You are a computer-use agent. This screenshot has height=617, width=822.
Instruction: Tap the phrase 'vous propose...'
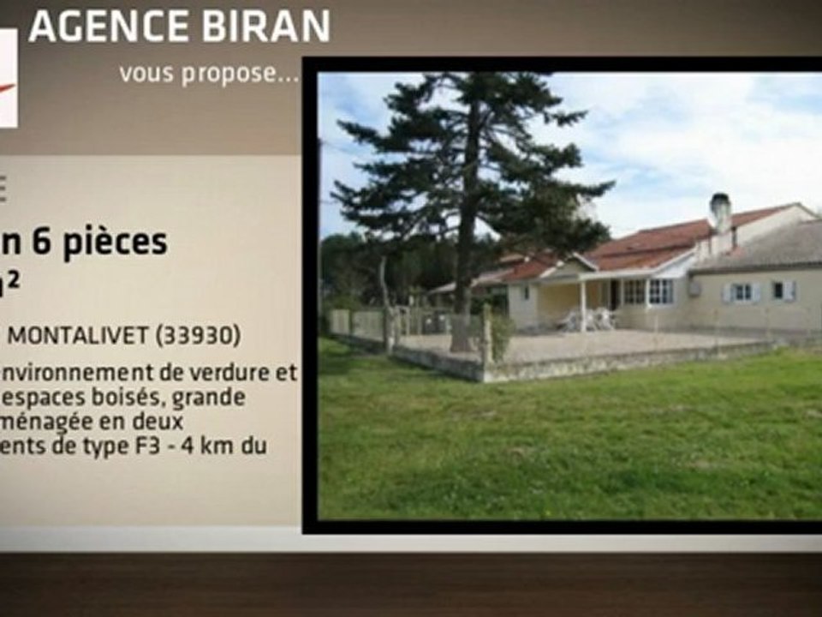(x=209, y=74)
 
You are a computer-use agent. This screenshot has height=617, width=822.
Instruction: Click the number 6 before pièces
(x=39, y=243)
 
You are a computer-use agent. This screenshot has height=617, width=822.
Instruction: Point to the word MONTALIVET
(x=77, y=336)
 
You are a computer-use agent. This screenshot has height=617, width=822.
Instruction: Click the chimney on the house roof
(x=720, y=211)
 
